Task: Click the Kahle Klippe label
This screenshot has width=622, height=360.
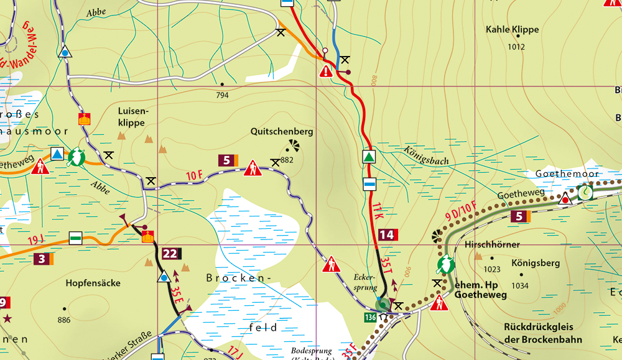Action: tap(512, 29)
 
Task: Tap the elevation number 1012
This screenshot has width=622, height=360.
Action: tap(516, 47)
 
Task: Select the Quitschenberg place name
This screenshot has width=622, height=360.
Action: tap(282, 132)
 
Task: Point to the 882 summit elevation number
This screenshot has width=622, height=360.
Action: tap(287, 160)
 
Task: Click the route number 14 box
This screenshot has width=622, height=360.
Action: tap(386, 234)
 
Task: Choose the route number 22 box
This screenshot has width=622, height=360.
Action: tap(170, 253)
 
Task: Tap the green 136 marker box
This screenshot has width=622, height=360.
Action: tap(369, 318)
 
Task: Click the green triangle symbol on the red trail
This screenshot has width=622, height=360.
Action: tap(369, 157)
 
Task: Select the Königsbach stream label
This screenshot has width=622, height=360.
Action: tap(426, 156)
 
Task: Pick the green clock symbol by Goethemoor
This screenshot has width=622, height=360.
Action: tap(585, 194)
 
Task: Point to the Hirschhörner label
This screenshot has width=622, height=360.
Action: tap(492, 245)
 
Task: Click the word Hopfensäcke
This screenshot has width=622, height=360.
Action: tap(93, 283)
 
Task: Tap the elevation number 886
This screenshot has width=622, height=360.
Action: tap(64, 320)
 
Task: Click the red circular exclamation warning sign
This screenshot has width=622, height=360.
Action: tap(326, 72)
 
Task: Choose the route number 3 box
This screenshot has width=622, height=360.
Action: tap(41, 258)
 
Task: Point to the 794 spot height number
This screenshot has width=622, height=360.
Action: tap(222, 95)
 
